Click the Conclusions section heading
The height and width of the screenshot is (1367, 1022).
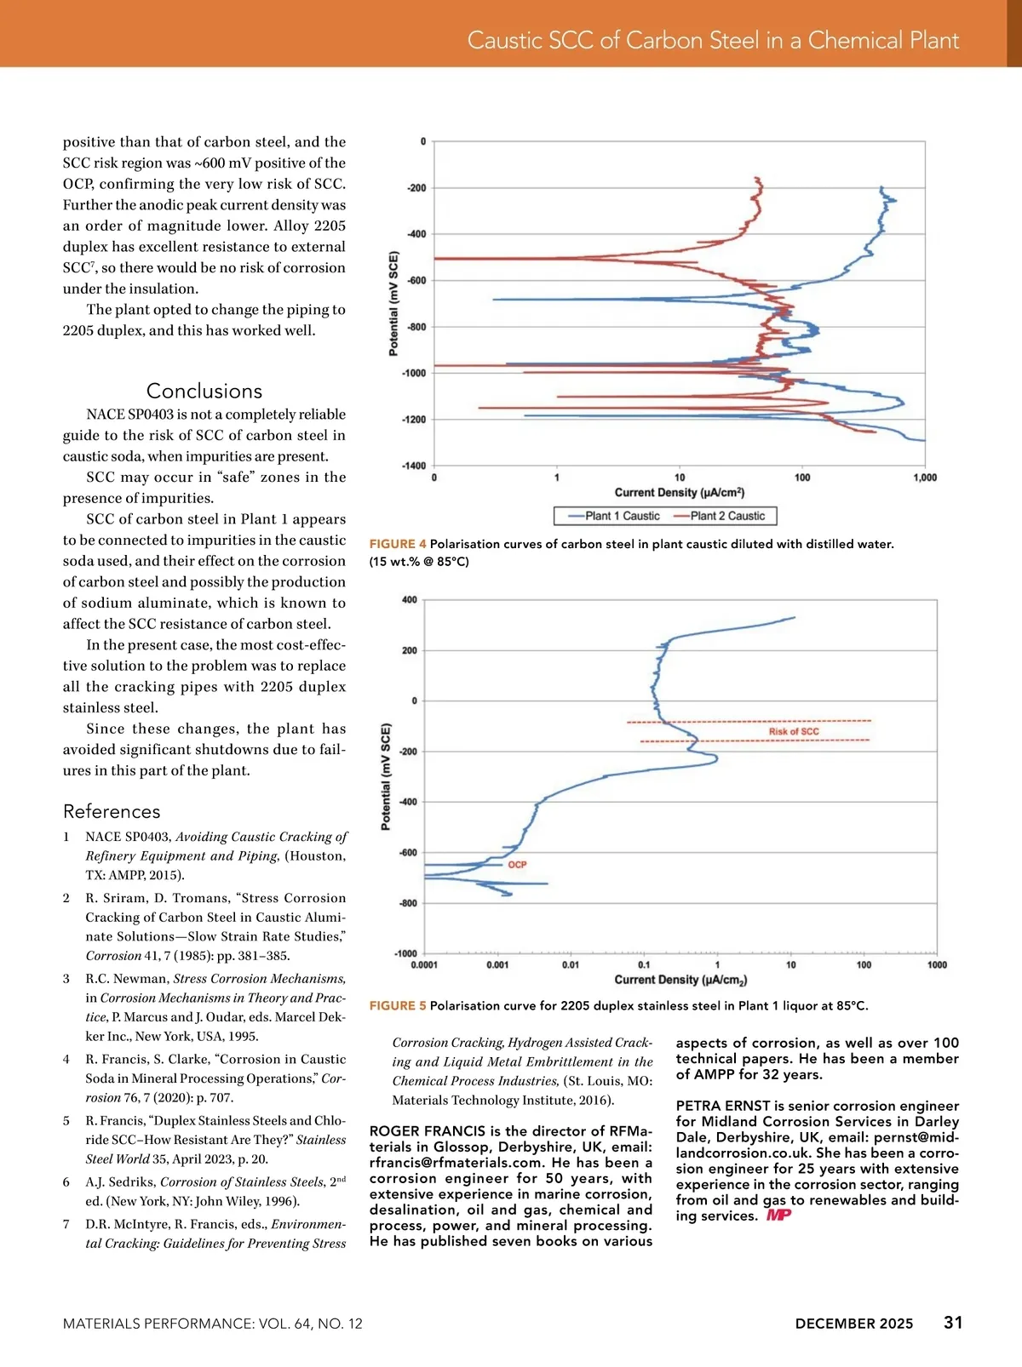(x=204, y=391)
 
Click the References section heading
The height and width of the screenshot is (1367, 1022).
(x=112, y=811)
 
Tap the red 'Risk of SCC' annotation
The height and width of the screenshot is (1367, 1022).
(x=794, y=731)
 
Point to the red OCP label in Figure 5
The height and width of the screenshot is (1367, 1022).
(x=517, y=865)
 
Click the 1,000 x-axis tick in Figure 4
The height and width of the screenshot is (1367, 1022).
(x=925, y=478)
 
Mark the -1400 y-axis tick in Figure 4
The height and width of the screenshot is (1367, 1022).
(x=415, y=466)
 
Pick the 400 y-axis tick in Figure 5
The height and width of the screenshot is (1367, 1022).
(x=409, y=600)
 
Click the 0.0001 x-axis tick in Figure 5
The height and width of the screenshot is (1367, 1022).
(x=424, y=965)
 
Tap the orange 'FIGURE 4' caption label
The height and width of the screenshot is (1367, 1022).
(x=398, y=544)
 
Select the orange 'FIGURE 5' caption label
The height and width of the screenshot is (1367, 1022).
(x=398, y=1006)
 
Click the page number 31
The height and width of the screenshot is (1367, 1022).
(x=953, y=1323)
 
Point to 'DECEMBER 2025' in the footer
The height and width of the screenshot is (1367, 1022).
(x=853, y=1324)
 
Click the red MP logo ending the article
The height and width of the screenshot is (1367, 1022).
(x=778, y=1215)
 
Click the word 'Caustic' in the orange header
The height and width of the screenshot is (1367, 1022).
(x=505, y=40)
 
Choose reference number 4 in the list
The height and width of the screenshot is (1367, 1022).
(x=66, y=1059)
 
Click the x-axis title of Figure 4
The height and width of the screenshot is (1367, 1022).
(x=679, y=493)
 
